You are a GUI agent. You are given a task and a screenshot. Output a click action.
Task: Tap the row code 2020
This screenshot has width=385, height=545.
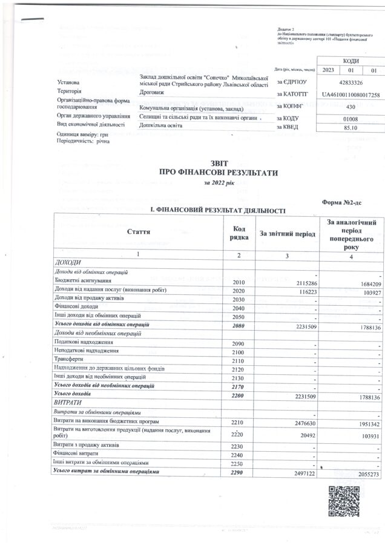coord(239,291)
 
